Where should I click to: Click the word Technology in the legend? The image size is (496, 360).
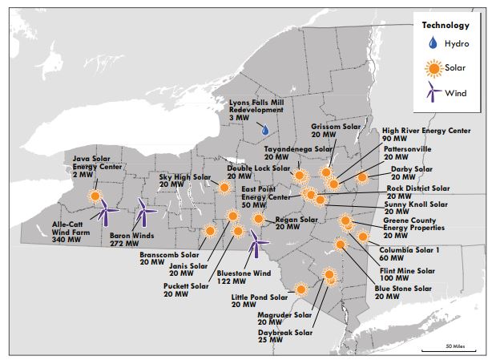coord(446,25)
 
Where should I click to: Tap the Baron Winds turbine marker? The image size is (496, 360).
coord(143,212)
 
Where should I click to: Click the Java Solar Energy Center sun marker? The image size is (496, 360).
coord(95,196)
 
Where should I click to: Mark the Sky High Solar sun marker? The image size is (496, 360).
coord(225,188)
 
